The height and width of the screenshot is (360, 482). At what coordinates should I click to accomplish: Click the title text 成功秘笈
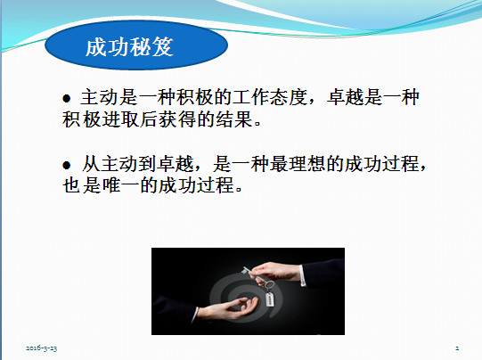pyautogui.click(x=129, y=47)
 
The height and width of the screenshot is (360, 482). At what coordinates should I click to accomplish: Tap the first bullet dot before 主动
pyautogui.click(x=67, y=99)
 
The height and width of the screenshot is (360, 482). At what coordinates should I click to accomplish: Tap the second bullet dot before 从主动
pyautogui.click(x=67, y=166)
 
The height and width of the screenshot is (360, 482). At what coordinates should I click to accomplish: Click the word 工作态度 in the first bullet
pyautogui.click(x=270, y=97)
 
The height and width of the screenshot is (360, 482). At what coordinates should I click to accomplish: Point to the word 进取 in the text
pyautogui.click(x=121, y=119)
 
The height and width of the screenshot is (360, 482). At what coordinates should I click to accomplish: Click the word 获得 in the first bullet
pyautogui.click(x=177, y=119)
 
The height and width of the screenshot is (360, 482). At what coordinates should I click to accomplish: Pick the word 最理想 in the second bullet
pyautogui.click(x=298, y=164)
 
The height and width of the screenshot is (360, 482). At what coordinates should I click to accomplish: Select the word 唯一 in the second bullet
pyautogui.click(x=121, y=185)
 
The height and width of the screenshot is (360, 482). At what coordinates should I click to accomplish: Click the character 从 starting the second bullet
pyautogui.click(x=91, y=164)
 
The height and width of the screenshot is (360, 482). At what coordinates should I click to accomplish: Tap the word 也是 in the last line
pyautogui.click(x=82, y=185)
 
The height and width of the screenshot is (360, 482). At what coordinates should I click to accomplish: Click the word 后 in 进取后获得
pyautogui.click(x=149, y=119)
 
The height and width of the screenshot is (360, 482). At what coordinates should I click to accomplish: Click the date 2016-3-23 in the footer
pyautogui.click(x=42, y=348)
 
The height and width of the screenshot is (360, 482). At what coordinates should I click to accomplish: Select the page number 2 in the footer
pyautogui.click(x=457, y=348)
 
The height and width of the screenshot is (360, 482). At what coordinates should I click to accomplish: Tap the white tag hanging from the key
pyautogui.click(x=270, y=299)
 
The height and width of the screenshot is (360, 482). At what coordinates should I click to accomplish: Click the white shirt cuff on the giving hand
pyautogui.click(x=303, y=275)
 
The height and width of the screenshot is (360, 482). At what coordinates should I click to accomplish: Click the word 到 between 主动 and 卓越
pyautogui.click(x=147, y=164)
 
